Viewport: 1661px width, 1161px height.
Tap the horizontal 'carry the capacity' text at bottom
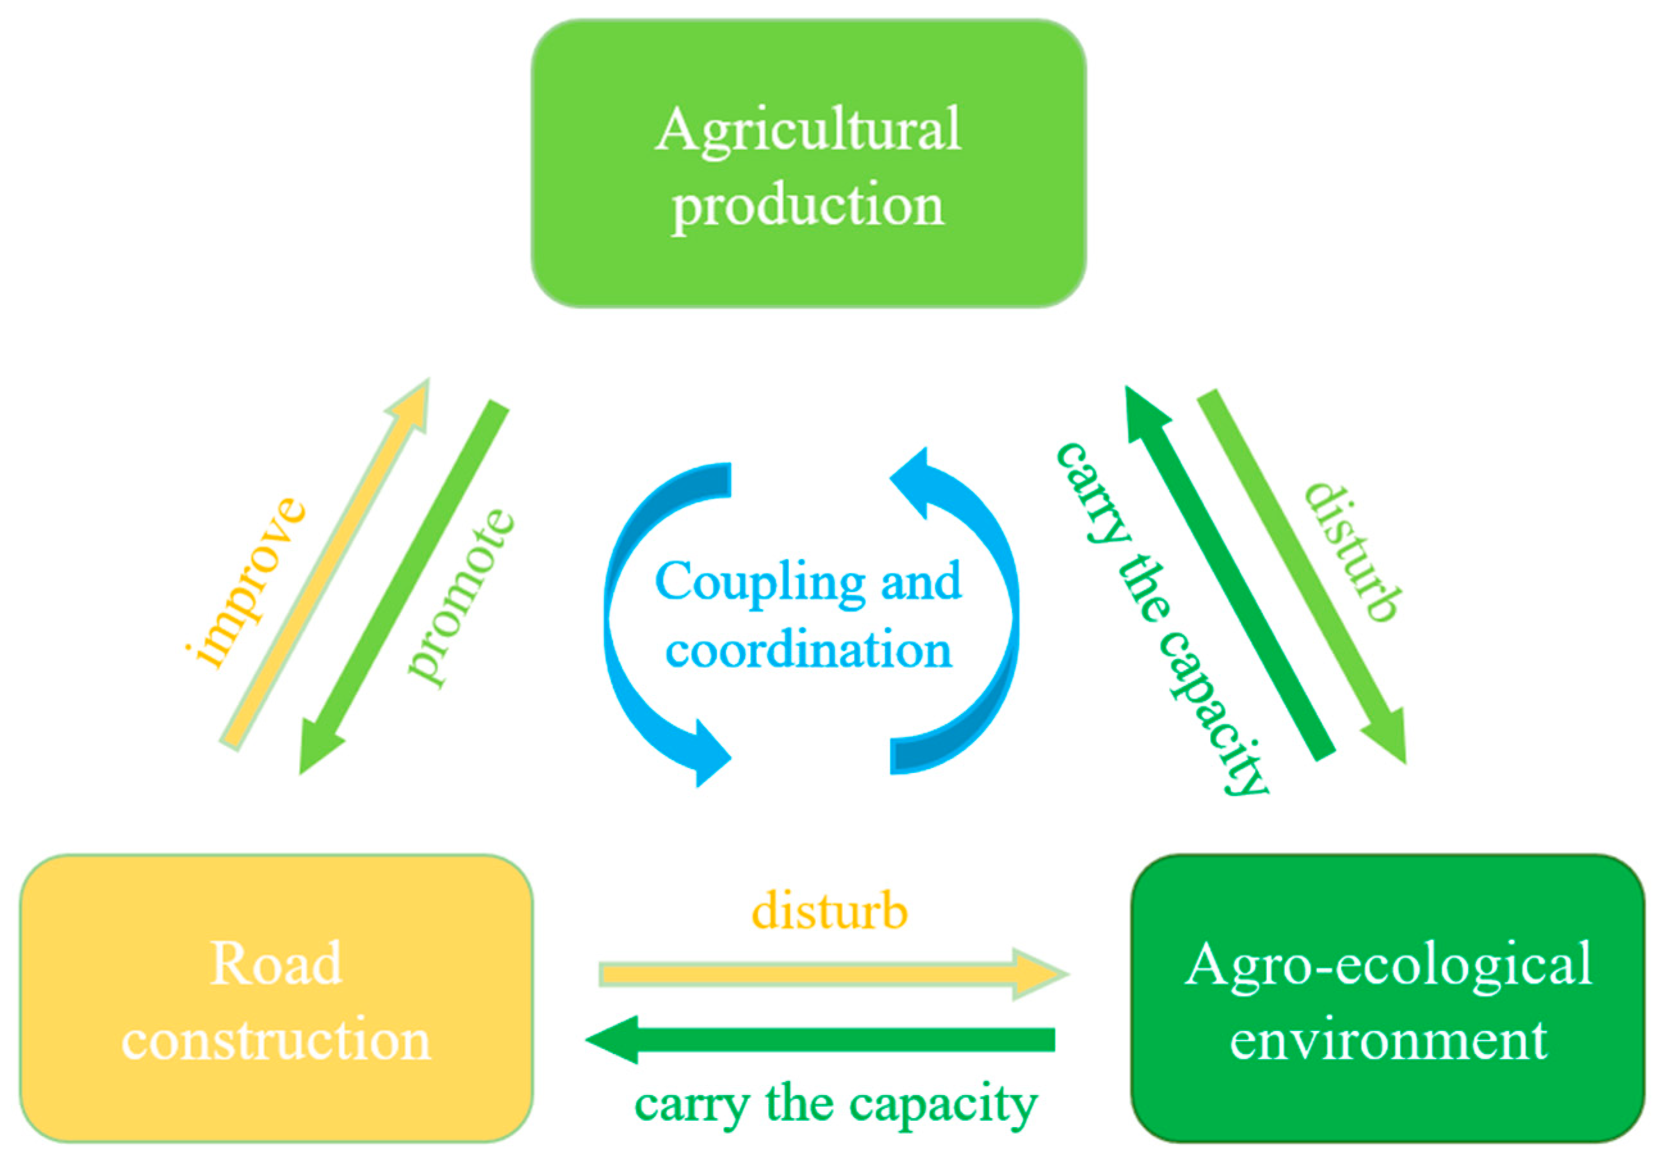pos(835,1105)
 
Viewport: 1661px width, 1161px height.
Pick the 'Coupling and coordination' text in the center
pos(808,615)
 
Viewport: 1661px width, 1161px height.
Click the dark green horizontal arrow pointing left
pos(821,1039)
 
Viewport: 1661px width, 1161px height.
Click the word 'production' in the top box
pos(808,206)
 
